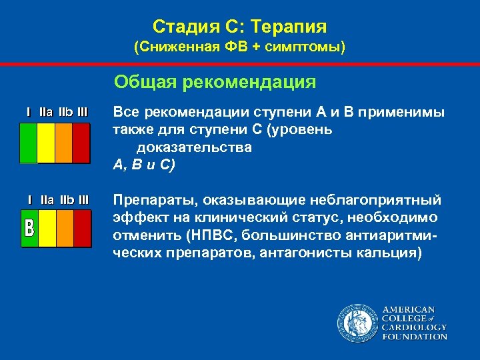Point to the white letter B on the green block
[x=29, y=228]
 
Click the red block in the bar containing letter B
[x=81, y=228]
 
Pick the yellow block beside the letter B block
[x=47, y=228]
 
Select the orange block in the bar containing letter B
[x=64, y=228]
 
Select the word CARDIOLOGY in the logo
[x=413, y=327]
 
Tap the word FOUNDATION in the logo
[x=414, y=337]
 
